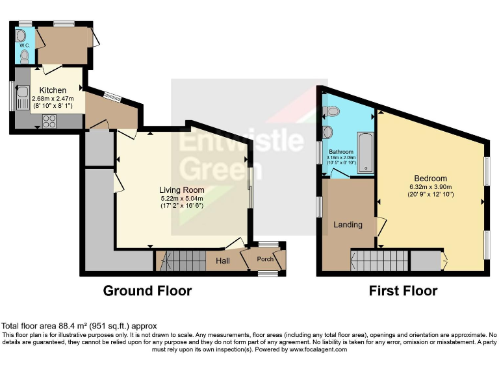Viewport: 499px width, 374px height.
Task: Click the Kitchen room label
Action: tap(52, 90)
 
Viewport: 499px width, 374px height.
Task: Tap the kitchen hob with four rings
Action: tap(49, 119)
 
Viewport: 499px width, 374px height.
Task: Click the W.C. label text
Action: tap(25, 45)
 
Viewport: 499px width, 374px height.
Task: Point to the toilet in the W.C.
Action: tap(25, 56)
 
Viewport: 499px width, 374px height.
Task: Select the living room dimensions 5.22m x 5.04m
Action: tap(181, 199)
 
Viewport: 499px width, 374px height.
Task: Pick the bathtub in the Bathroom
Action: tap(365, 150)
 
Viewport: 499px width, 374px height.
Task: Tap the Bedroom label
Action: tap(430, 179)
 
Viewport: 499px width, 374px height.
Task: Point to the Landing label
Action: tap(348, 225)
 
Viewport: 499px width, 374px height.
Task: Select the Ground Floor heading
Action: tap(147, 291)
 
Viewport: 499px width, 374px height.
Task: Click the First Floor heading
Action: tap(403, 291)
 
